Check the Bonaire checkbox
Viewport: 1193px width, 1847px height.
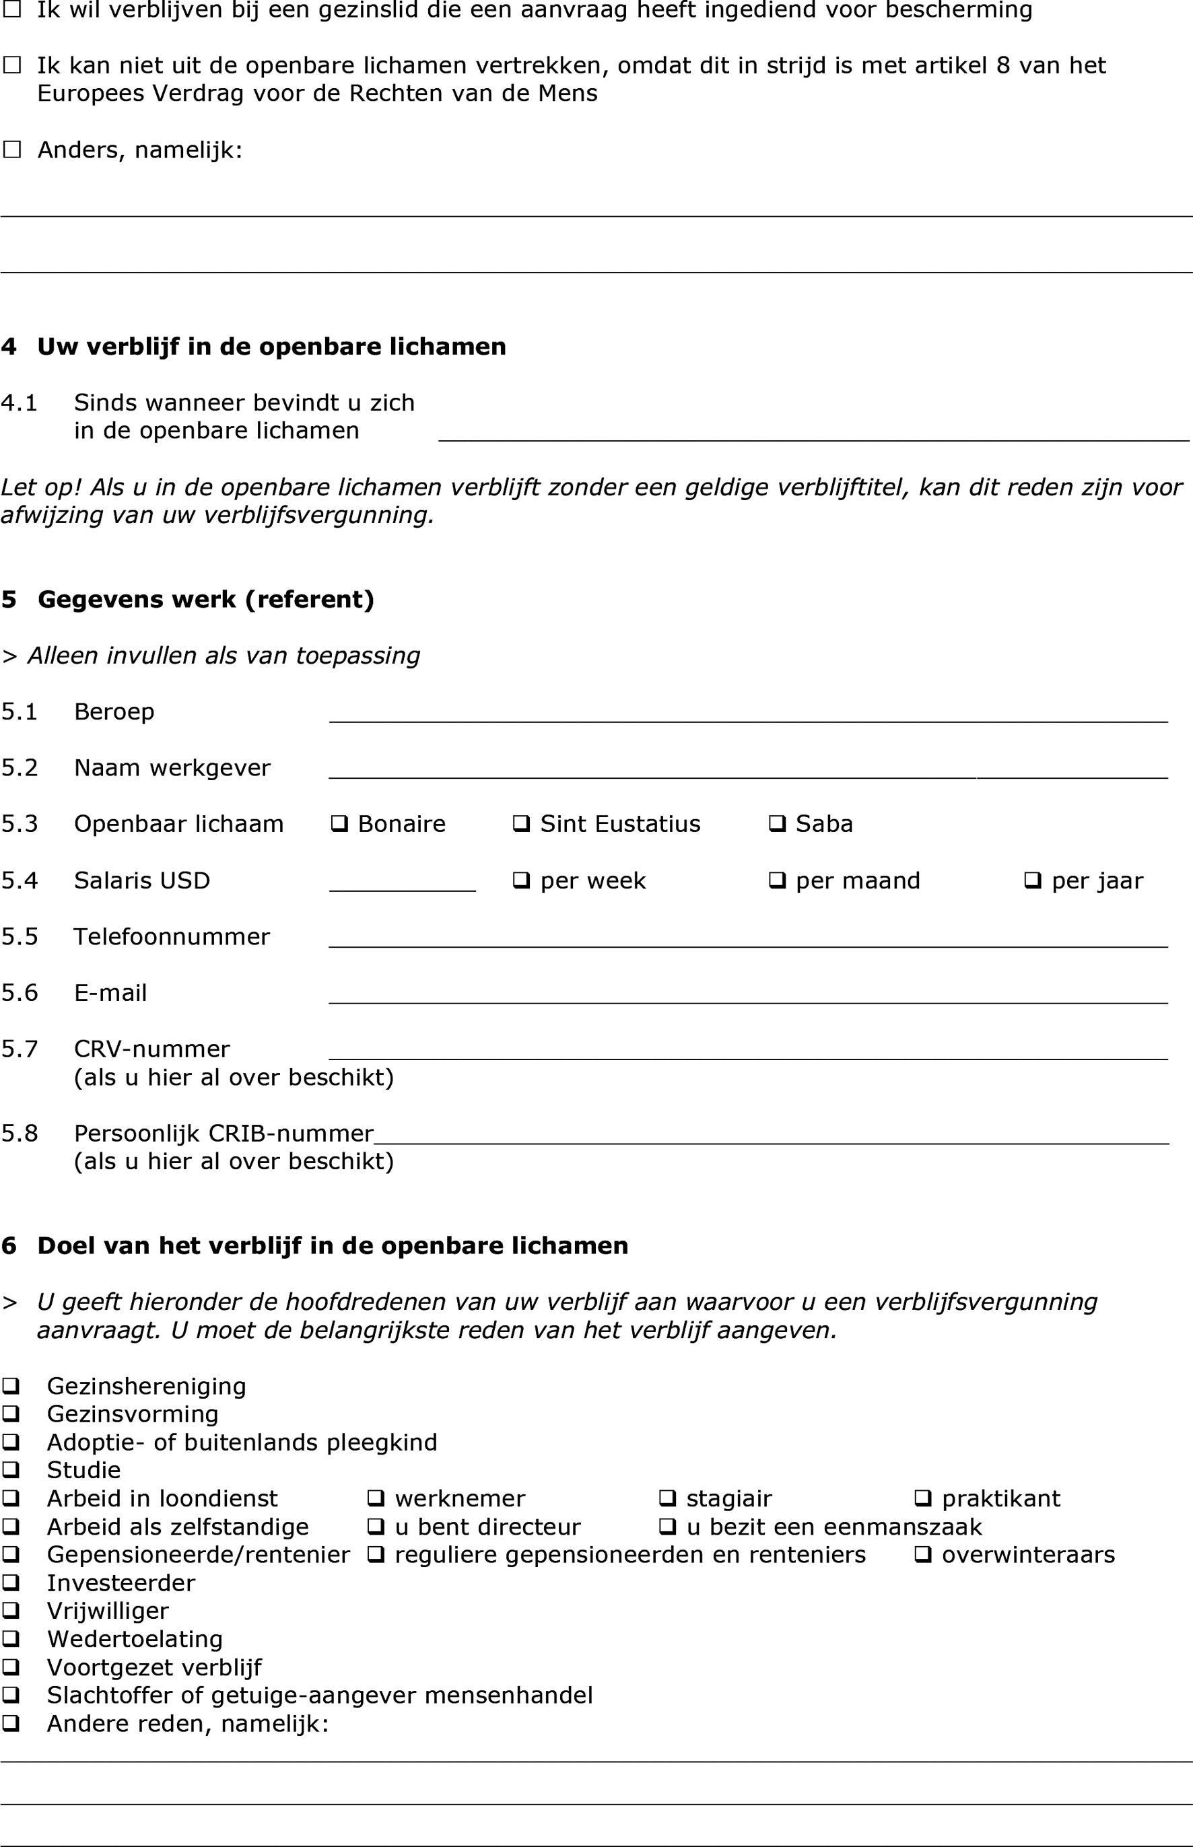pos(339,824)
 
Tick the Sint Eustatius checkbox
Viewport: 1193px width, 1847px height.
pos(520,824)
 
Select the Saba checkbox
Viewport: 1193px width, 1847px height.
pos(776,824)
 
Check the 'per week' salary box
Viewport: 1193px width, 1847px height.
pos(520,880)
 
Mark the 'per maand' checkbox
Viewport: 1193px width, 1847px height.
pos(776,880)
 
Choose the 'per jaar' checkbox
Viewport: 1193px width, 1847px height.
pos(1032,880)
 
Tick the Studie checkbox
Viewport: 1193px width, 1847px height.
pos(11,1470)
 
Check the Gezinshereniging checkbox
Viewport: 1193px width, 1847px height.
pos(11,1385)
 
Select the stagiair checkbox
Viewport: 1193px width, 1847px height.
pos(667,1498)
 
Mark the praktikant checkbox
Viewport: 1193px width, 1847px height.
pos(922,1498)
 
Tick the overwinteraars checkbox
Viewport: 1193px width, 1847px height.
pos(922,1554)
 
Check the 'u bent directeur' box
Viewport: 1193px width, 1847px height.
pos(376,1527)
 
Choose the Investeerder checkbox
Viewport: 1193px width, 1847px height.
pos(11,1583)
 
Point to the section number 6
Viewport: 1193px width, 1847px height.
pos(9,1246)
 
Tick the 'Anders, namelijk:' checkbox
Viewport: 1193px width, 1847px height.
pos(11,149)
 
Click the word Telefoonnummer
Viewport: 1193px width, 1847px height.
pos(171,937)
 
